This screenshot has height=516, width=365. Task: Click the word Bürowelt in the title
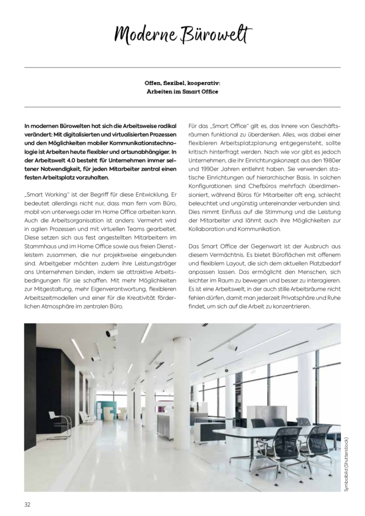pyautogui.click(x=217, y=35)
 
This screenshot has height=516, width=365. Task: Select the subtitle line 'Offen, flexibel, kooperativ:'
pyautogui.click(x=182, y=83)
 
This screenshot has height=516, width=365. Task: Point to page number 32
pyautogui.click(x=27, y=504)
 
